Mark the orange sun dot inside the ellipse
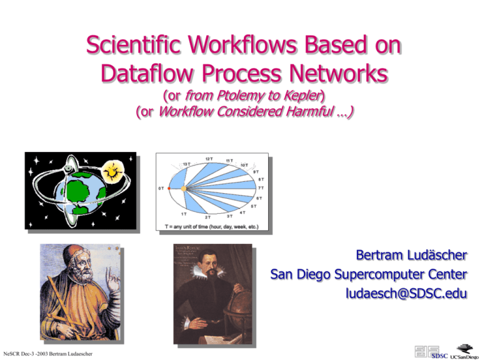tap(183, 187)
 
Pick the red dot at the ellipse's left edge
tap(169, 187)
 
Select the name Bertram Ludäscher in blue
tap(411, 256)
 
